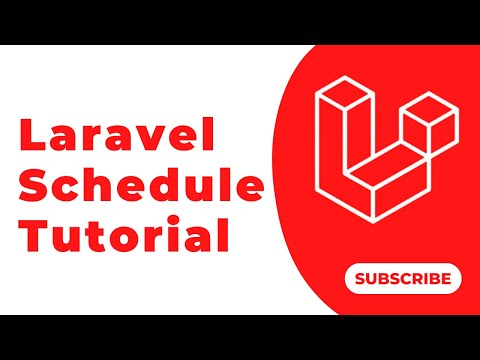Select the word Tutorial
click(x=123, y=238)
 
